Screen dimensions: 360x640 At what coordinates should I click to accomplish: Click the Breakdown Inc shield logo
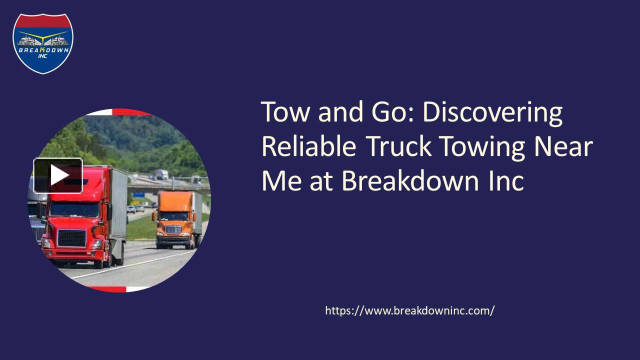pyautogui.click(x=43, y=43)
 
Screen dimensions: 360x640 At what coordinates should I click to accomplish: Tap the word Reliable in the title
pyautogui.click(x=308, y=146)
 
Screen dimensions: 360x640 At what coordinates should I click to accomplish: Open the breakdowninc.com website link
pyautogui.click(x=409, y=310)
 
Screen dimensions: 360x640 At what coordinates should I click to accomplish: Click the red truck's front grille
pyautogui.click(x=71, y=238)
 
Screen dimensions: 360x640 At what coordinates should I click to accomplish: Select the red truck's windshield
pyautogui.click(x=73, y=209)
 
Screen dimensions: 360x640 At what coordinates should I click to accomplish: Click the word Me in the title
pyautogui.click(x=282, y=180)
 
